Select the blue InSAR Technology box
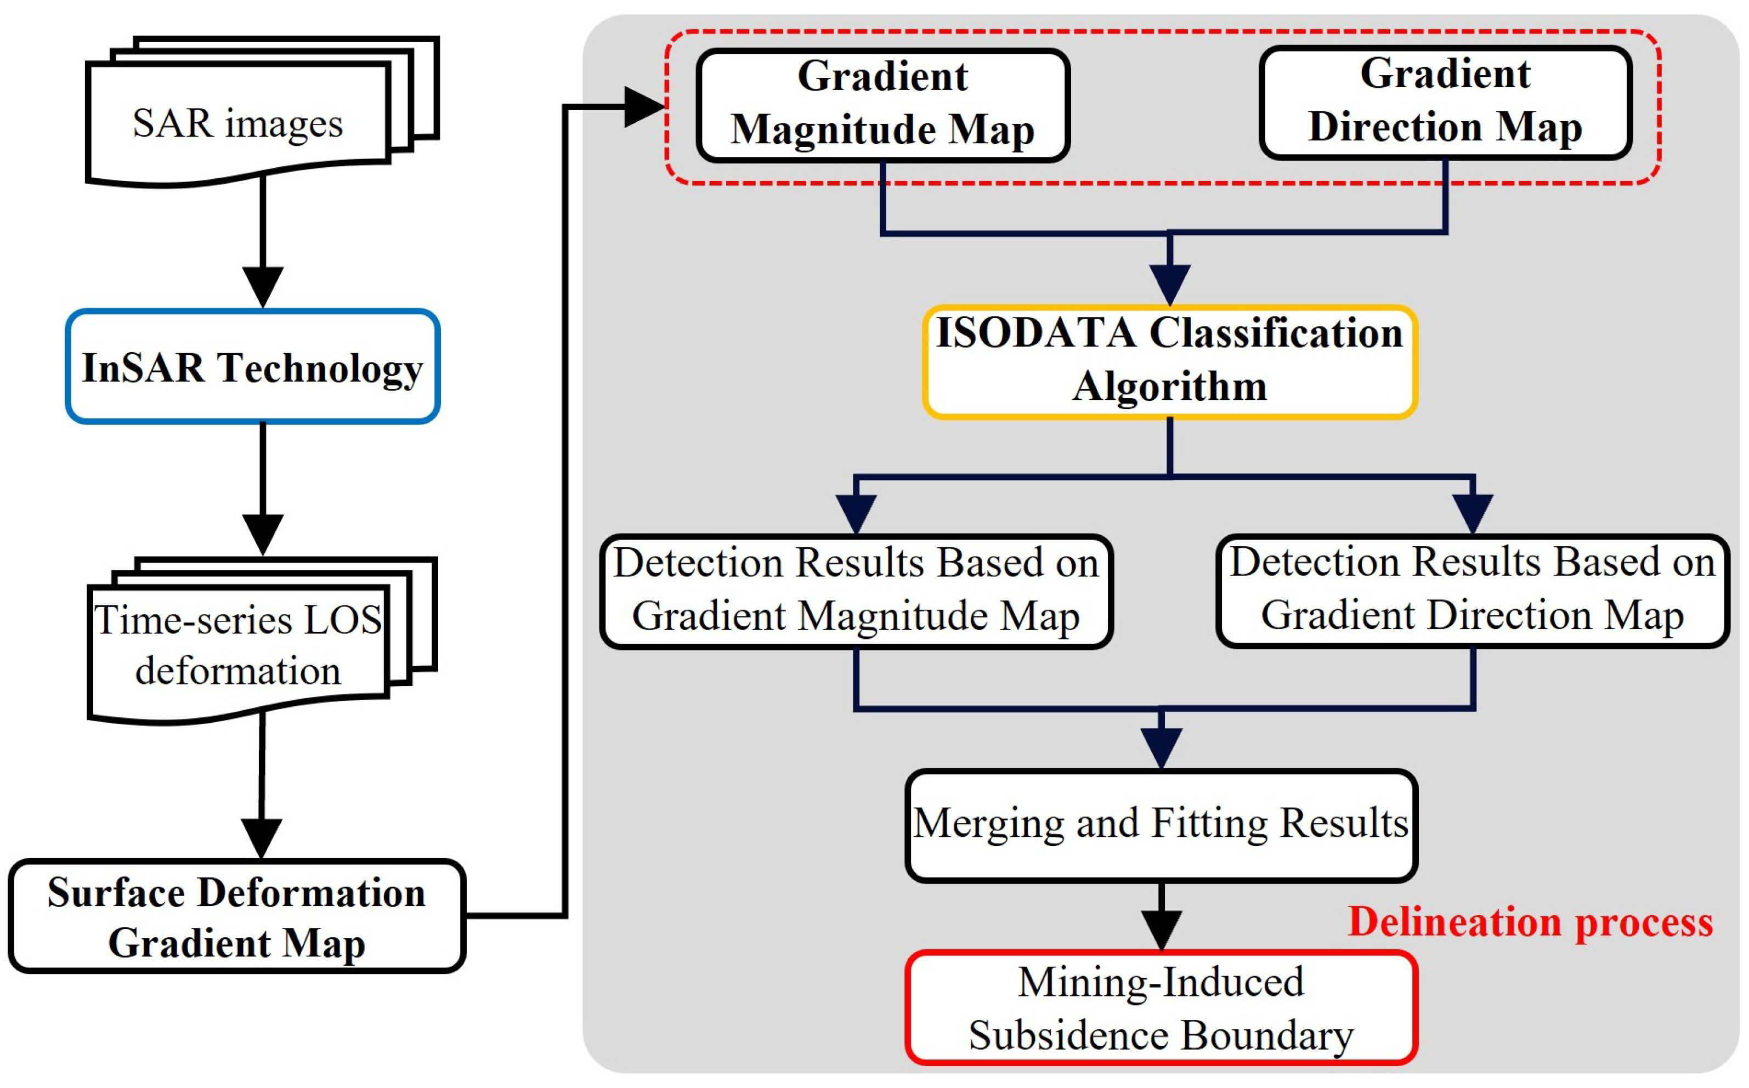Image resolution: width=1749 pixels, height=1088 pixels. coord(252,366)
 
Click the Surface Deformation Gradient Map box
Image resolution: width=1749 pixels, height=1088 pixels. coord(237,917)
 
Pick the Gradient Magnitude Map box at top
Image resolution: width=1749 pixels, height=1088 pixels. coord(883,104)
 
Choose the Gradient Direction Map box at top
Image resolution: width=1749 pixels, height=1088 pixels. coord(1445,102)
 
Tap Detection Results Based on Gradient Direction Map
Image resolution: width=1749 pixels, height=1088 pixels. coord(1473,590)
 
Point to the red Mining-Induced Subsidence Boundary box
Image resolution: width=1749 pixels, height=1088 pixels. coord(1161,1008)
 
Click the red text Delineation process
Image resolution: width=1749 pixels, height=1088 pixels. coord(1530,922)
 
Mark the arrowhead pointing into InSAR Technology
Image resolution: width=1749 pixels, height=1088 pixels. coord(263,286)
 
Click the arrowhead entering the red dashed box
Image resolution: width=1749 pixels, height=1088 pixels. coord(644,107)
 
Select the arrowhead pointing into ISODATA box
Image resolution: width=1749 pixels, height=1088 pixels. coord(1170,284)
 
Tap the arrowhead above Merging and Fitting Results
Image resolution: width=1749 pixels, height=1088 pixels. coord(1161,747)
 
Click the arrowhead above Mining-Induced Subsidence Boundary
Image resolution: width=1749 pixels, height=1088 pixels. coord(1161,929)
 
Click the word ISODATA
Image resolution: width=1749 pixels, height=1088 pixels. coord(1036,334)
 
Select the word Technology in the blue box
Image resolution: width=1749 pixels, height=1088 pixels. coord(320,368)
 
